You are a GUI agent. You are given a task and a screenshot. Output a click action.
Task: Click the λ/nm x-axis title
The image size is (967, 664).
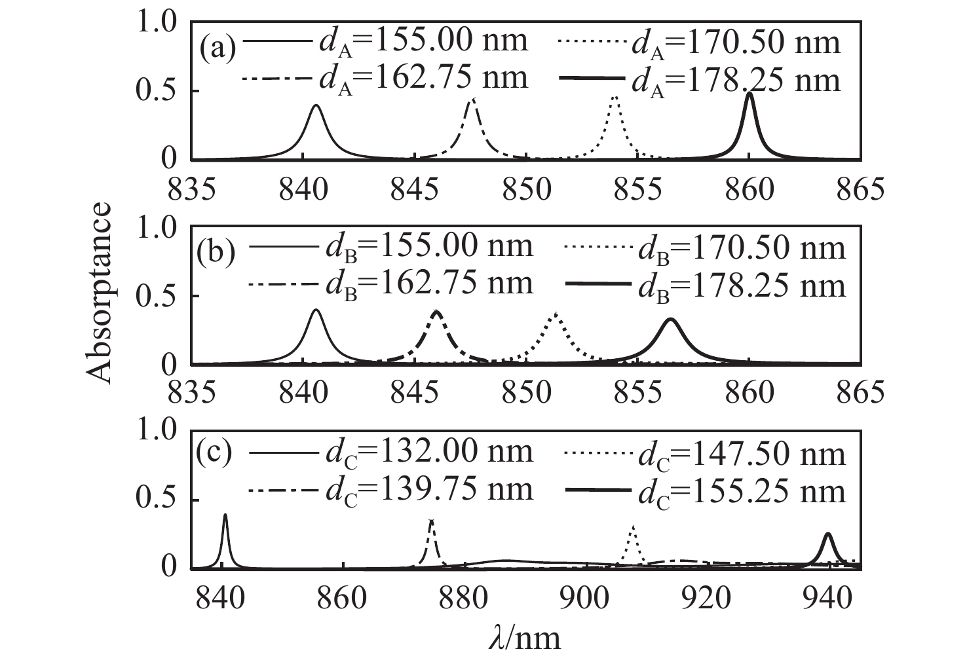click(x=525, y=637)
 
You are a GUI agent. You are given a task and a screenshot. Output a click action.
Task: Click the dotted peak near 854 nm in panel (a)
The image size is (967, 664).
click(x=615, y=97)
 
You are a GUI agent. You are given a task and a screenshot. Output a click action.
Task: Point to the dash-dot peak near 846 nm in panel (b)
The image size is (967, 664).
click(x=437, y=311)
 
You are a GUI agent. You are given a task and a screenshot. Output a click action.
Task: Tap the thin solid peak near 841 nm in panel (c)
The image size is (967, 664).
click(x=225, y=515)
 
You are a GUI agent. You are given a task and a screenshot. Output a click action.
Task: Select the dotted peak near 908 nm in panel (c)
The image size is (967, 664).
click(x=632, y=526)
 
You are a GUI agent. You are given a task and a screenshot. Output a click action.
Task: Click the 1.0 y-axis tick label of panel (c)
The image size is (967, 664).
click(x=157, y=431)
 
